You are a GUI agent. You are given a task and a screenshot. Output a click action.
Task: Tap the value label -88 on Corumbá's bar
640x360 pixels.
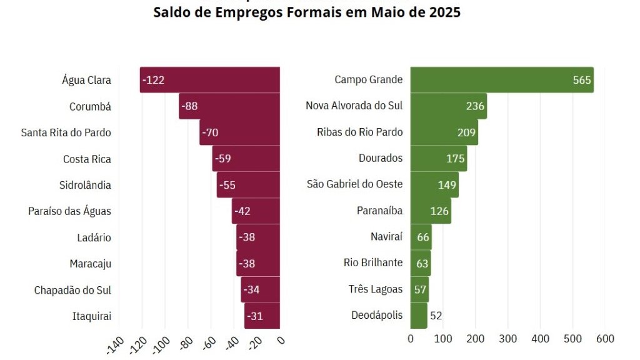[189, 106]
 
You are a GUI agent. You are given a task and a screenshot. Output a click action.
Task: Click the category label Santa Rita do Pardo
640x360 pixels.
[66, 132]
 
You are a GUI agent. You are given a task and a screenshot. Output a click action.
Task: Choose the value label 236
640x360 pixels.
[475, 106]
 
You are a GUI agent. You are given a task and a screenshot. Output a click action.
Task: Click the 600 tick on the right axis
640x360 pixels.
[605, 339]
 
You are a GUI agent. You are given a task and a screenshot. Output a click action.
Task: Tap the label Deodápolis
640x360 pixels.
[377, 315]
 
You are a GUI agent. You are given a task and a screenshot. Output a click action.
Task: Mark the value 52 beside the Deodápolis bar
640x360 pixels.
[436, 316]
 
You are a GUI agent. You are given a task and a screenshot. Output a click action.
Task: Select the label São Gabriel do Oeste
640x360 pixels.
[354, 184]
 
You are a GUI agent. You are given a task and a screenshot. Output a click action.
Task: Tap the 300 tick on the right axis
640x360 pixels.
[507, 339]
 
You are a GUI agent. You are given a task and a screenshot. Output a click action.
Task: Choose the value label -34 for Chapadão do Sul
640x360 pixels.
[252, 290]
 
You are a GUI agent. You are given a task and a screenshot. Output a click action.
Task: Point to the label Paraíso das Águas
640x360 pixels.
[69, 211]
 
